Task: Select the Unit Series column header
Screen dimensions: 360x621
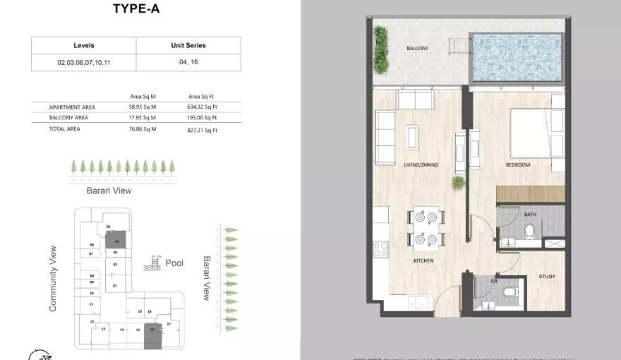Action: point(188,45)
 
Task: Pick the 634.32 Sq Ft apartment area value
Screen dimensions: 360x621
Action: point(203,107)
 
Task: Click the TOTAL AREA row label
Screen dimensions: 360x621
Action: point(64,129)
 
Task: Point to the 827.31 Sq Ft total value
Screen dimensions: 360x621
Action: point(203,130)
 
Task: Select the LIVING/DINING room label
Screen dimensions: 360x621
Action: point(421,165)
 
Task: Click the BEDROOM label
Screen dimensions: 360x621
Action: point(517,165)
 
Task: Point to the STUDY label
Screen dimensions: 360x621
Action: point(548,277)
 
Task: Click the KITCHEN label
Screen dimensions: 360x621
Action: point(423,260)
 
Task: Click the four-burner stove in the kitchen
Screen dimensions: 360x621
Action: point(380,249)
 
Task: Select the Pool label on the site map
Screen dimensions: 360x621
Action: point(174,263)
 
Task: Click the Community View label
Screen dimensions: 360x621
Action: point(52,279)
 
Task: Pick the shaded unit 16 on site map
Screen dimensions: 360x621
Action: point(152,335)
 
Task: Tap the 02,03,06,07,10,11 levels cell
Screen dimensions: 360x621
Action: point(83,62)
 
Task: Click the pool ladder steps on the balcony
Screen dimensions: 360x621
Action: point(461,47)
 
